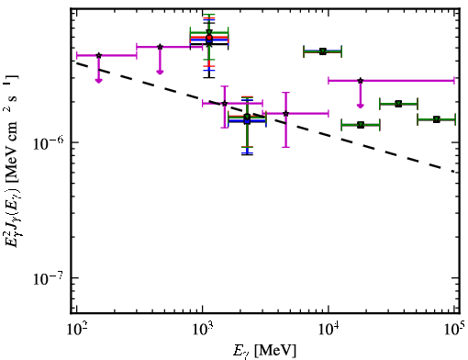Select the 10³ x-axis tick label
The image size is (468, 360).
pyautogui.click(x=202, y=330)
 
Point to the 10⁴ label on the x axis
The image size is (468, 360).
pyautogui.click(x=329, y=330)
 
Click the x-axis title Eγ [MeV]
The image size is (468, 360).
pyautogui.click(x=264, y=351)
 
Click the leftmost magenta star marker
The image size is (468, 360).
pyautogui.click(x=98, y=55)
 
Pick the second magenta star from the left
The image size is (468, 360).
pyautogui.click(x=160, y=47)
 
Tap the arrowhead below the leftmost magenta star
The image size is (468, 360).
pyautogui.click(x=98, y=80)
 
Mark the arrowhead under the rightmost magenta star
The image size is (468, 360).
pyautogui.click(x=361, y=106)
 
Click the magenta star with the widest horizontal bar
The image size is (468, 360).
pyautogui.click(x=361, y=81)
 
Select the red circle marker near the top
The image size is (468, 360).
pyautogui.click(x=209, y=38)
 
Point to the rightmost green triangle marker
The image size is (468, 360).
pyautogui.click(x=437, y=119)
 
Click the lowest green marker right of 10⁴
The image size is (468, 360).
pyautogui.click(x=361, y=125)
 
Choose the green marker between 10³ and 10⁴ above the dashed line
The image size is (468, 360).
pyautogui.click(x=323, y=51)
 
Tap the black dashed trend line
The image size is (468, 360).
pyautogui.click(x=265, y=117)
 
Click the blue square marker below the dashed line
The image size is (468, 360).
pyautogui.click(x=247, y=121)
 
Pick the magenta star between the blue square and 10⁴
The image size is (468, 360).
pyautogui.click(x=285, y=114)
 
